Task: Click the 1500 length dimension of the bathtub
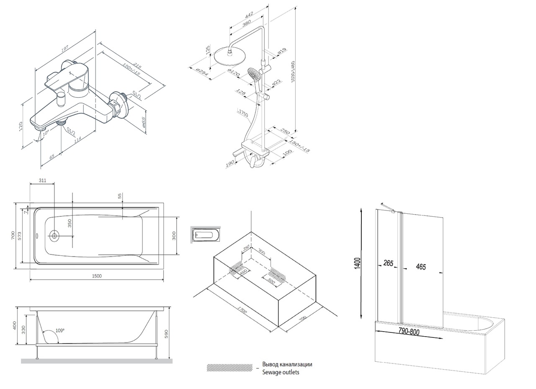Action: (x=96, y=276)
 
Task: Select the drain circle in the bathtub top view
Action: (x=54, y=236)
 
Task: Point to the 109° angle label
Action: (x=60, y=330)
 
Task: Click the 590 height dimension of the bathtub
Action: (x=166, y=334)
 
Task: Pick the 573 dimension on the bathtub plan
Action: (x=20, y=236)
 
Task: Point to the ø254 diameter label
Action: (x=202, y=72)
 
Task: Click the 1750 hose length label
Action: (x=243, y=114)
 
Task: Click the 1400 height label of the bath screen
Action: (x=357, y=263)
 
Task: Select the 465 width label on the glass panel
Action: (x=421, y=267)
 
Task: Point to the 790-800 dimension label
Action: (x=409, y=332)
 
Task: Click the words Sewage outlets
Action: (x=281, y=372)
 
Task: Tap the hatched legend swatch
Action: (x=229, y=368)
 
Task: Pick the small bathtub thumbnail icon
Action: (x=205, y=235)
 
